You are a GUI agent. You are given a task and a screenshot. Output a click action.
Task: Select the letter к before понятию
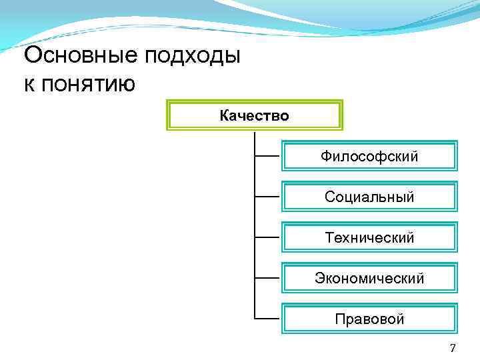point(29,85)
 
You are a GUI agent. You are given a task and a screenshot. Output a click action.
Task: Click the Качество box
point(254,115)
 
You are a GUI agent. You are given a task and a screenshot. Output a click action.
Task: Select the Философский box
point(369,156)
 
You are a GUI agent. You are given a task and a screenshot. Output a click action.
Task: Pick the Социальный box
point(369,197)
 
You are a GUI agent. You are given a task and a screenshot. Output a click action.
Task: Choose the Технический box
point(369,237)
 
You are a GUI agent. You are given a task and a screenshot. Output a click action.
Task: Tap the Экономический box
point(369,278)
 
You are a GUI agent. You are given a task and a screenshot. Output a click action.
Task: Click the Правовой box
point(369,319)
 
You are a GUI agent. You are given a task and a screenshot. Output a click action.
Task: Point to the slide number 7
point(453,347)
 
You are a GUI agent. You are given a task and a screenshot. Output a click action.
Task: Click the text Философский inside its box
point(369,157)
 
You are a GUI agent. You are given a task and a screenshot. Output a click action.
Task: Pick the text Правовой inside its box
point(369,319)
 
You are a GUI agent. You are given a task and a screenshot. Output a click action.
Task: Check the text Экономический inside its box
point(369,279)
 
